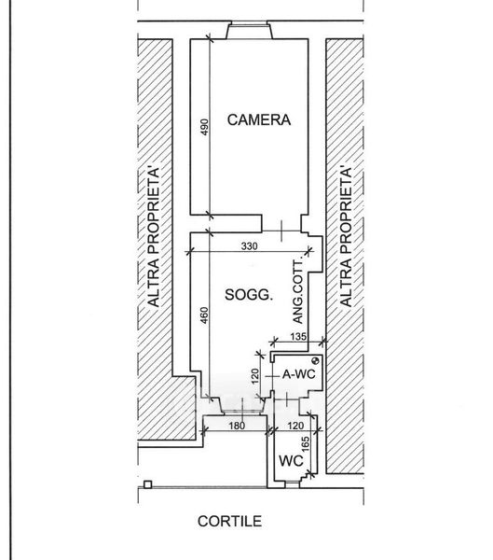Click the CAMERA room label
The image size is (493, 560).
[x=259, y=119]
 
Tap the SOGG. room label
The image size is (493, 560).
[x=249, y=295]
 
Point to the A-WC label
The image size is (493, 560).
[x=299, y=374]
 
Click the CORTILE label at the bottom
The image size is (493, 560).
[x=230, y=522]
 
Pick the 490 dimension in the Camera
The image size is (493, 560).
[x=204, y=127]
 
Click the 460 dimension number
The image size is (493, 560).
[x=204, y=315]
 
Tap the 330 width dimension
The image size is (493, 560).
[x=249, y=245]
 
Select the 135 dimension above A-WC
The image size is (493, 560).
[x=298, y=336]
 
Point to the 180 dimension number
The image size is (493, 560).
[x=237, y=426]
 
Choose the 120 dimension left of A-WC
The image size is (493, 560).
[x=254, y=376]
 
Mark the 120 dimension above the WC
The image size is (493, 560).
[x=295, y=426]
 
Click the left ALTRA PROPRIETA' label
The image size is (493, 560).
[x=154, y=236]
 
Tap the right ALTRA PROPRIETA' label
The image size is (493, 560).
[x=346, y=236]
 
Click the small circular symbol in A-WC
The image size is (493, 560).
[x=315, y=360]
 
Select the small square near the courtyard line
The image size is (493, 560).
[x=147, y=484]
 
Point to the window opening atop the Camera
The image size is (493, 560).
[x=250, y=30]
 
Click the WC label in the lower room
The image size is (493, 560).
[x=291, y=461]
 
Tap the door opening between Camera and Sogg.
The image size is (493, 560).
[x=281, y=231]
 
